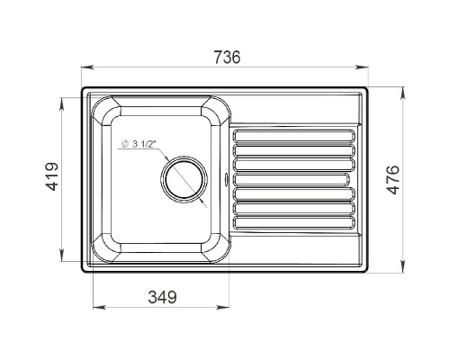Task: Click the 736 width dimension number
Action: point(227,57)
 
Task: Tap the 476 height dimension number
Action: point(392,180)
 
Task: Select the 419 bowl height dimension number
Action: point(52,176)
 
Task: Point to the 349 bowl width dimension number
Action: point(162,297)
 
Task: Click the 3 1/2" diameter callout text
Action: point(139,144)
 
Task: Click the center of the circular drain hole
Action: point(184,179)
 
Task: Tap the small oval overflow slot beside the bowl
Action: point(226,179)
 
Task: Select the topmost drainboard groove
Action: point(294,136)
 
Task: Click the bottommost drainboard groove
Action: point(294,222)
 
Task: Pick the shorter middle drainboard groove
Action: point(292,179)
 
